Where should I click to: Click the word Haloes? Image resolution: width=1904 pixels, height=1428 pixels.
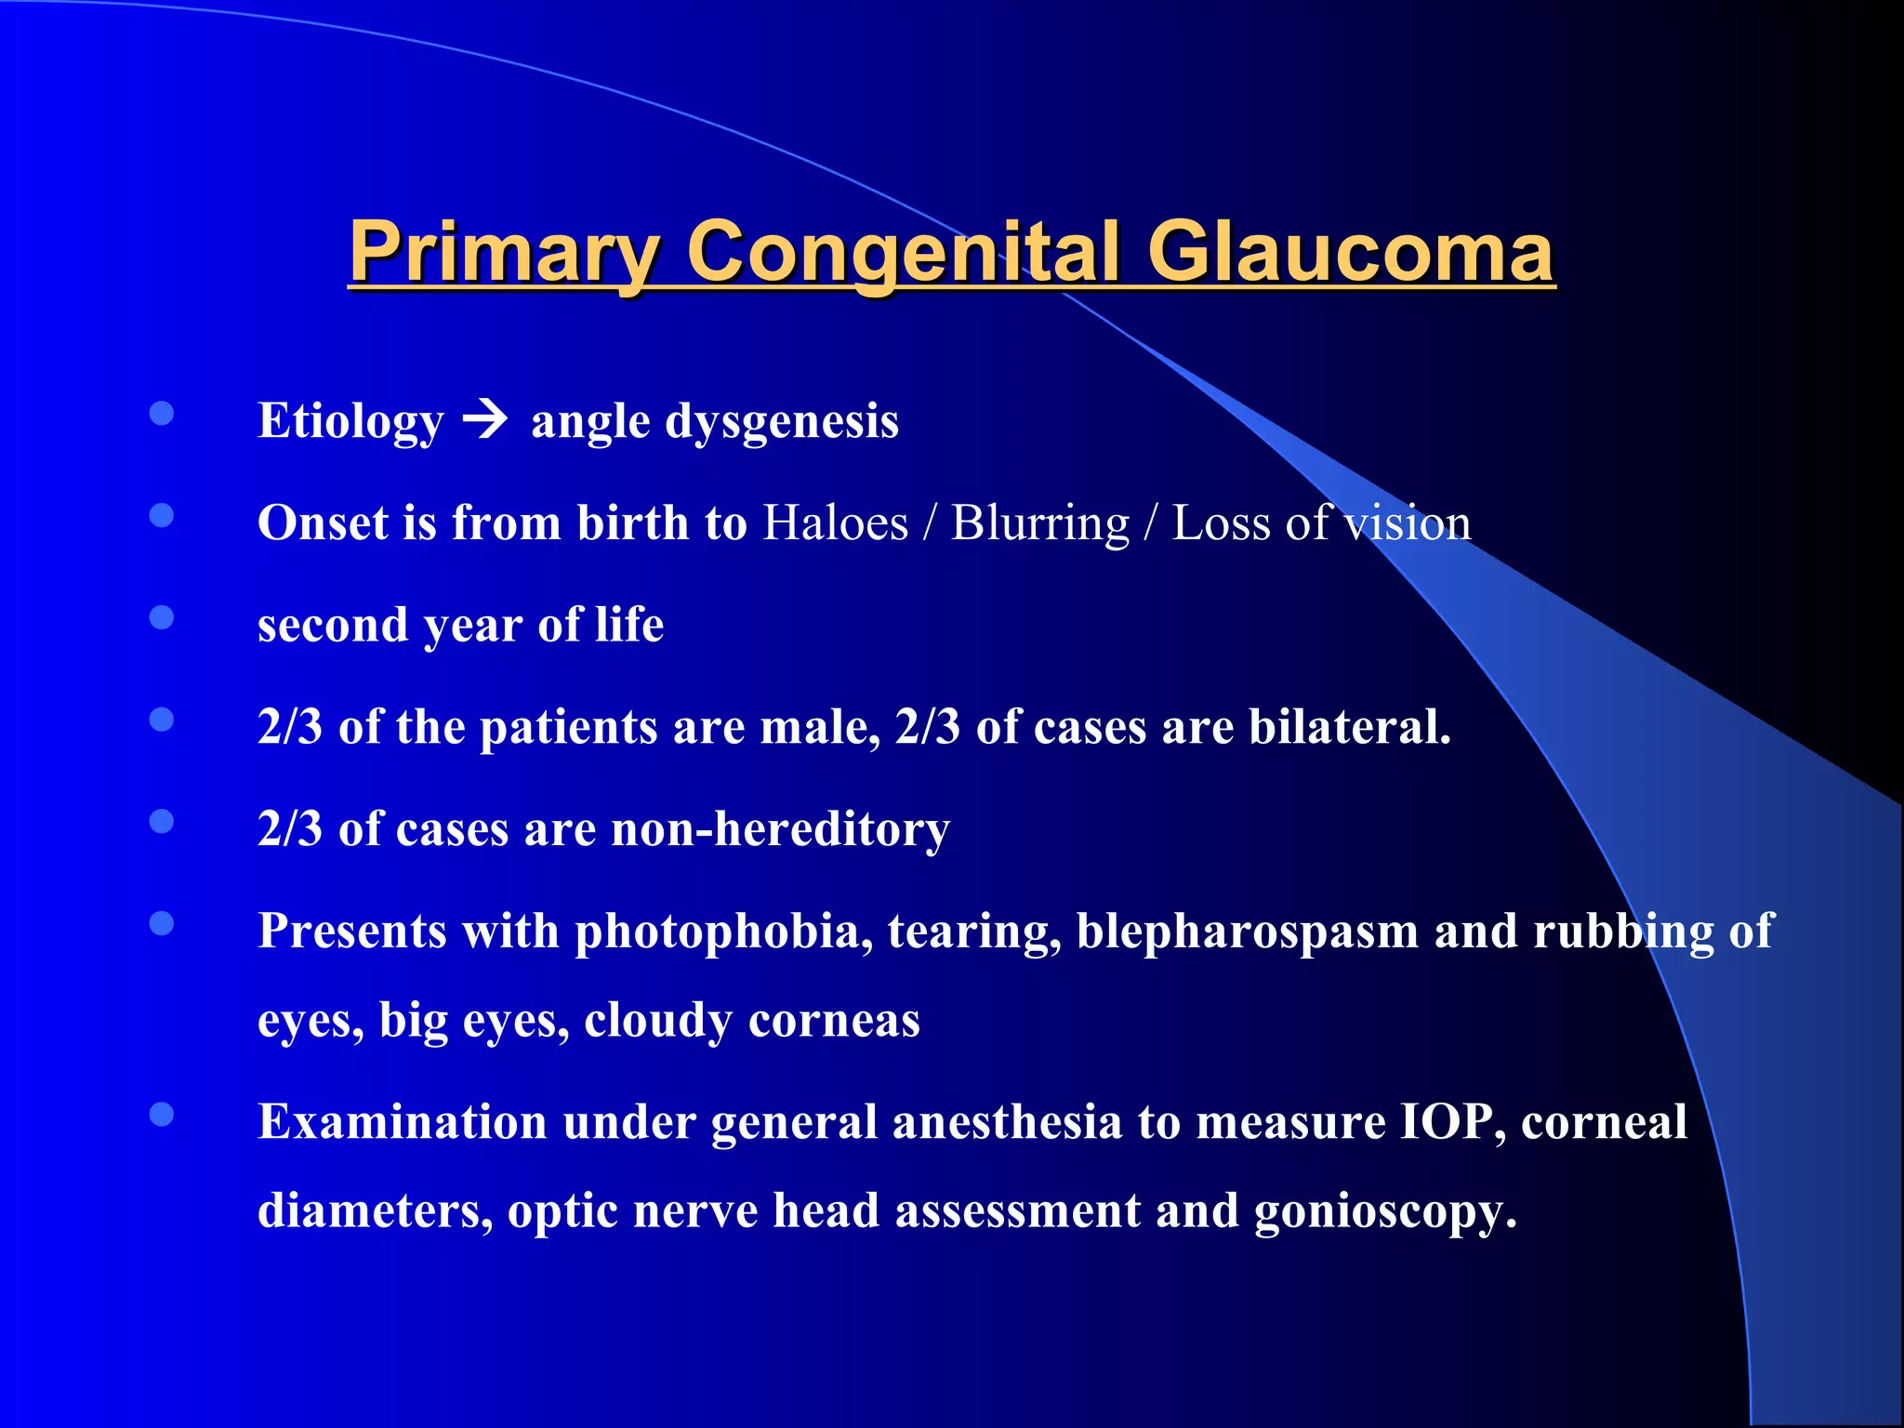point(835,522)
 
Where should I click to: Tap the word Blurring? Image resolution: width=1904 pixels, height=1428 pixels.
point(1039,522)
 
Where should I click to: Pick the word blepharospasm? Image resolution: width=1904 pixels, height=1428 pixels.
point(1247,931)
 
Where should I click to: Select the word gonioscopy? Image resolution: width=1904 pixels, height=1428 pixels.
point(1385,1210)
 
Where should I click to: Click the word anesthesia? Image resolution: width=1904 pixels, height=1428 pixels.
point(1007,1121)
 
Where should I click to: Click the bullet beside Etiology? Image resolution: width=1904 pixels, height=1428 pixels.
point(162,414)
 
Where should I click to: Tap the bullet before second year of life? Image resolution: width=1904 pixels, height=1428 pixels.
point(162,617)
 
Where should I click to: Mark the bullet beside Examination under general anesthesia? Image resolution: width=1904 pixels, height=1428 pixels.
point(162,1115)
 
